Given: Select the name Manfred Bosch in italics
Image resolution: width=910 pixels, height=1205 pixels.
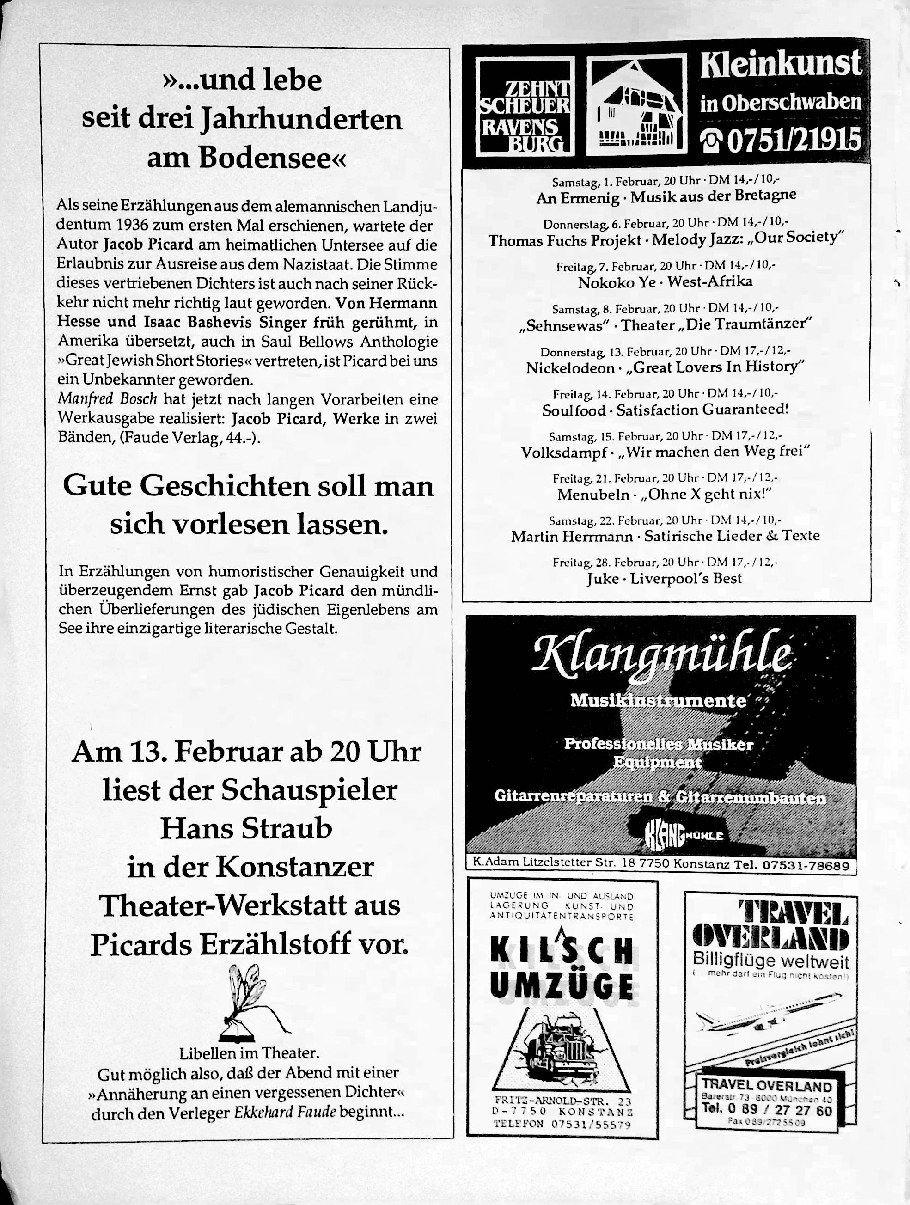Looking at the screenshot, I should (x=107, y=399).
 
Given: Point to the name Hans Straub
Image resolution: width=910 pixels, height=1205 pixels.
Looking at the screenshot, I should (x=246, y=829).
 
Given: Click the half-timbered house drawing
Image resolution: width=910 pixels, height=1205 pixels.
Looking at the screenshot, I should (x=636, y=106).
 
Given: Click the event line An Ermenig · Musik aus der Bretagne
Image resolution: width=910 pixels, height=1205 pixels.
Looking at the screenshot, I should (x=666, y=196).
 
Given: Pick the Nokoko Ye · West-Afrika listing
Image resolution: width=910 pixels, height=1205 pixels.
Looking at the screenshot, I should (x=665, y=281).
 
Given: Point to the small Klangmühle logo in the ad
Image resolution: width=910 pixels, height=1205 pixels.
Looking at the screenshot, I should (x=684, y=835).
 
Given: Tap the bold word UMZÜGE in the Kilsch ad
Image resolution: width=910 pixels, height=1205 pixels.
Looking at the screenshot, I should (x=562, y=986).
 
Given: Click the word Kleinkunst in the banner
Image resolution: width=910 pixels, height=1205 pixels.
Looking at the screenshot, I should (x=781, y=65).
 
